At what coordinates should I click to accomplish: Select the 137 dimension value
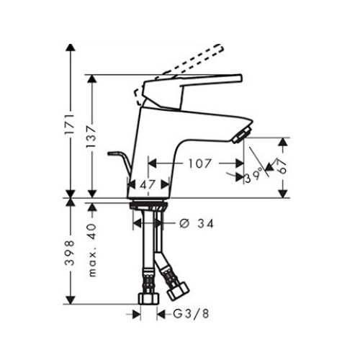coord(92,136)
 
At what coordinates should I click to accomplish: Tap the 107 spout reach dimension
coord(199,163)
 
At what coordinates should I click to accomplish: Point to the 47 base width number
coord(147,184)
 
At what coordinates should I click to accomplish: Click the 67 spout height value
coord(283,166)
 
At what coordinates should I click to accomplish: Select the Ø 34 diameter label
coord(197,224)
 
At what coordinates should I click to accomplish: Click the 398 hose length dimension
coord(71,252)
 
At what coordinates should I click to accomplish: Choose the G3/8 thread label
coord(191,314)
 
